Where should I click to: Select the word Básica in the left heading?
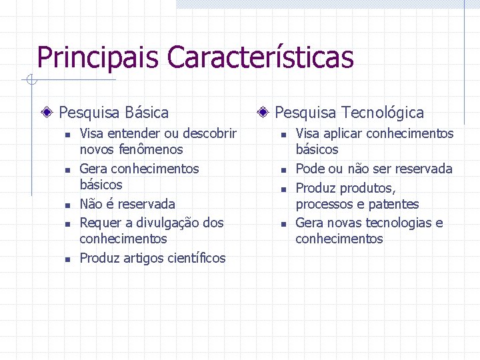click(x=147, y=113)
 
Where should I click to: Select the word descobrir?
click(x=209, y=133)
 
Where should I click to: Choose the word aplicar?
click(x=345, y=133)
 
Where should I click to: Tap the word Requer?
click(x=100, y=223)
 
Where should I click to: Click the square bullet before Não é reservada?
click(x=67, y=205)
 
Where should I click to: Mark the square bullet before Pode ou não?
click(x=283, y=170)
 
